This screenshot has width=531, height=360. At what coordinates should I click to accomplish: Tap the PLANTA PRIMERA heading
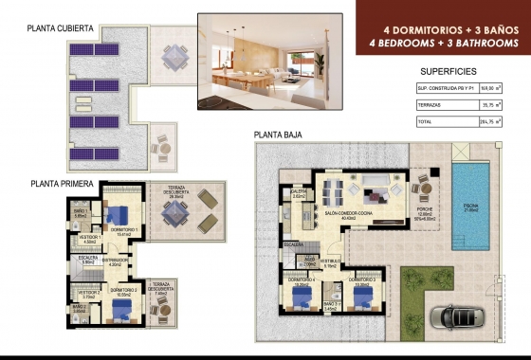pos(63,184)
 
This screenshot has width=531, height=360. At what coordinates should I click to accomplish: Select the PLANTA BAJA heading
pos(277,135)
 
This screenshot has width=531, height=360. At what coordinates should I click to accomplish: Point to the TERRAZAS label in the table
pos(430,105)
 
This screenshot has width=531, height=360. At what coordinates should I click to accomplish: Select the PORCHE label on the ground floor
pos(425,211)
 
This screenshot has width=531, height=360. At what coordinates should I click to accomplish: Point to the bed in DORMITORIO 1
pos(121,215)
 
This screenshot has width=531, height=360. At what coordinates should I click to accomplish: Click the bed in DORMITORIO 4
pos(302,296)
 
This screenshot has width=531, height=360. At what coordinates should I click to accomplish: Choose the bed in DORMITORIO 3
pos(363,295)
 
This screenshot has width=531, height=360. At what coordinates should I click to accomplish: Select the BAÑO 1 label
pos(82,212)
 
